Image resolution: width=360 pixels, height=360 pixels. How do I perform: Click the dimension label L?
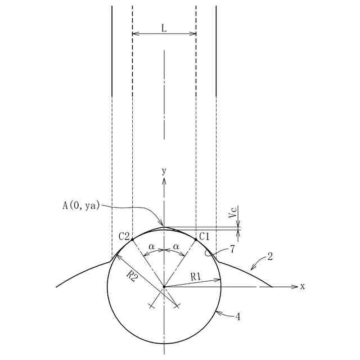[164, 27]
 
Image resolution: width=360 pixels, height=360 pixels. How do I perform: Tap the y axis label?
[164, 170]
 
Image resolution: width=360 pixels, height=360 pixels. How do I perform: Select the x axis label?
[302, 286]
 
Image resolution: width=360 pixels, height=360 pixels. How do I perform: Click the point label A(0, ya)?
[81, 205]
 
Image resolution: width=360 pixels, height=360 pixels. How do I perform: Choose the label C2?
[124, 236]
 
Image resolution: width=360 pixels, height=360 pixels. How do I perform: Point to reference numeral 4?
[238, 317]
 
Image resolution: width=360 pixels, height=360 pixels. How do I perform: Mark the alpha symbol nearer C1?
[176, 246]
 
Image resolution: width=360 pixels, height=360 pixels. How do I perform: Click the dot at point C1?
[196, 239]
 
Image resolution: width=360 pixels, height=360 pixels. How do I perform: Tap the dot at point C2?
[132, 239]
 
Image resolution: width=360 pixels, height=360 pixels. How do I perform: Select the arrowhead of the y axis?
[164, 182]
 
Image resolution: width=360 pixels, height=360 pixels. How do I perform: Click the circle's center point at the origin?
[164, 287]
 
